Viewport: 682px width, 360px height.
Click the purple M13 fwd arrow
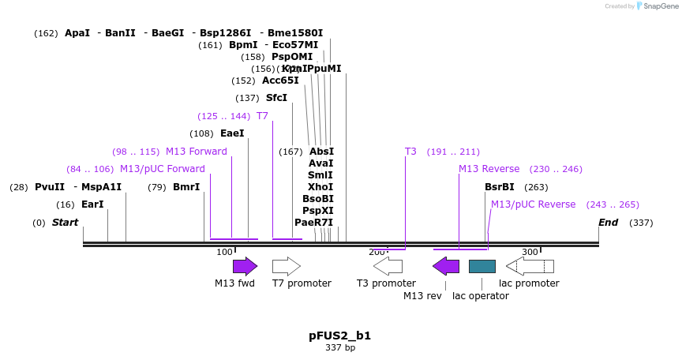pyautogui.click(x=245, y=266)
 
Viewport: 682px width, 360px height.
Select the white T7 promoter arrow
pyautogui.click(x=286, y=266)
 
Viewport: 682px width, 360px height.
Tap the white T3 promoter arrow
pyautogui.click(x=388, y=266)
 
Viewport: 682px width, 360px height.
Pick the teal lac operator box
pyautogui.click(x=482, y=266)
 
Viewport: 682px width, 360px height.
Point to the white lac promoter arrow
pyautogui.click(x=530, y=266)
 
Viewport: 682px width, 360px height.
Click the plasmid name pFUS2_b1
pyautogui.click(x=339, y=336)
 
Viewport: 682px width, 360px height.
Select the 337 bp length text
pyautogui.click(x=339, y=347)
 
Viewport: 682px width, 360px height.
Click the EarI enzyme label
pyautogui.click(x=92, y=204)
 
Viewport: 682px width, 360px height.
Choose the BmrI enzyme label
pyautogui.click(x=186, y=187)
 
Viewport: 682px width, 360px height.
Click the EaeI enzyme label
pyautogui.click(x=232, y=133)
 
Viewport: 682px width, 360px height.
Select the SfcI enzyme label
pyautogui.click(x=276, y=98)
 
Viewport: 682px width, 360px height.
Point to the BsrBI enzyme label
pyautogui.click(x=499, y=187)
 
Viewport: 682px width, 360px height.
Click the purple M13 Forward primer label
pyautogui.click(x=197, y=152)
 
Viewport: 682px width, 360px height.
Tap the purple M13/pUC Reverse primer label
pyautogui.click(x=533, y=204)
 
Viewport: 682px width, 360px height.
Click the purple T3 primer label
pyautogui.click(x=410, y=152)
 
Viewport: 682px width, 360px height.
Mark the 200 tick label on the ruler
pyautogui.click(x=377, y=252)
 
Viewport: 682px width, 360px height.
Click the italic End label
pyautogui.click(x=608, y=223)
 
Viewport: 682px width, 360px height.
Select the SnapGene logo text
pyautogui.click(x=661, y=6)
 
